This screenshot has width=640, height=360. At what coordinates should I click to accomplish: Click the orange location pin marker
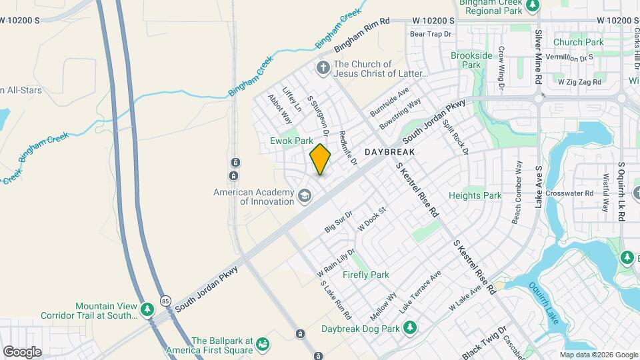click(320, 159)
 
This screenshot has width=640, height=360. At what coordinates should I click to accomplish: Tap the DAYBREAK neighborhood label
click(390, 153)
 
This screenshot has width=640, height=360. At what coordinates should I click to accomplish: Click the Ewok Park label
click(291, 141)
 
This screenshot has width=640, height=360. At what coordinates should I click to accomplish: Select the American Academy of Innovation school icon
click(305, 195)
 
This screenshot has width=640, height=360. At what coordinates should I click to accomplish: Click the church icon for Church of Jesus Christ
click(323, 68)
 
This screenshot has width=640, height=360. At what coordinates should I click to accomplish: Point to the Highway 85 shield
click(165, 301)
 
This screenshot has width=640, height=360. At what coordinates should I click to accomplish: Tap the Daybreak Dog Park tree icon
click(411, 327)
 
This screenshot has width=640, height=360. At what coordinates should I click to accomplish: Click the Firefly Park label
click(366, 275)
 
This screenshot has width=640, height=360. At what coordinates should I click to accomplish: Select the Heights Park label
click(475, 196)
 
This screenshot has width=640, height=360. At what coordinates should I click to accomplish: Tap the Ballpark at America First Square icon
click(263, 345)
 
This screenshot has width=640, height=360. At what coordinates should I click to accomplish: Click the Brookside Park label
click(471, 60)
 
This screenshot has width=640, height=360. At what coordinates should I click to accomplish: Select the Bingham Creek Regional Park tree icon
click(532, 6)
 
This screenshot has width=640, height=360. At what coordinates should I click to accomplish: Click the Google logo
click(21, 351)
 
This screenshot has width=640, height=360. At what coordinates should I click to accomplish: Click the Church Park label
click(578, 42)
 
